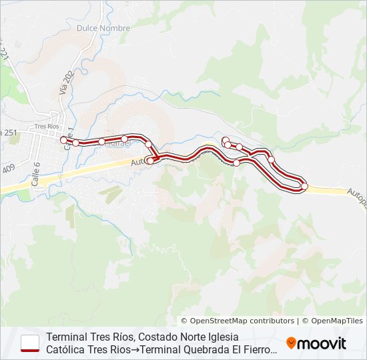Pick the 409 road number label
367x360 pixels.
tap(8, 167)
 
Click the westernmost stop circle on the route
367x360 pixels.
tap(63, 139)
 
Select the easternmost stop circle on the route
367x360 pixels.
tap(304, 187)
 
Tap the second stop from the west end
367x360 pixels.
tap(76, 143)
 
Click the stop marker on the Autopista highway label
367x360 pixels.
tap(150, 161)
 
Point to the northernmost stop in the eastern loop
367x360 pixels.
tap(226, 140)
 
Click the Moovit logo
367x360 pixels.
tap(316, 343)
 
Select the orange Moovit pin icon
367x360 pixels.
tap(291, 343)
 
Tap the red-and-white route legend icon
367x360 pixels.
tap(30, 343)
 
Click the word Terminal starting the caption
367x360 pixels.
tap(67, 337)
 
